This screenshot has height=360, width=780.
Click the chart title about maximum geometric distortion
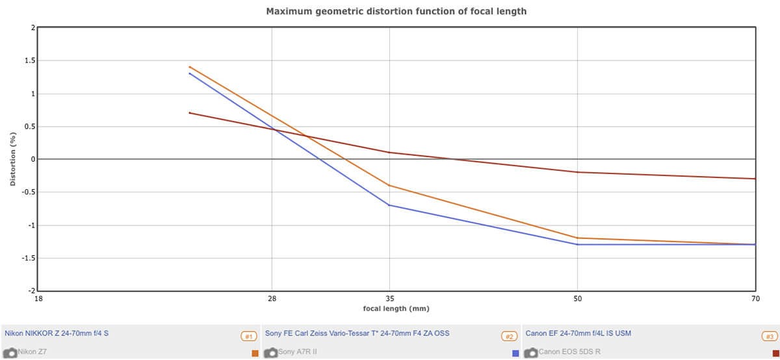click(x=396, y=11)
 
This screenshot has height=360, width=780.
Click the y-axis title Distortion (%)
click(x=12, y=159)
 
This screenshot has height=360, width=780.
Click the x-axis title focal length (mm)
click(x=396, y=308)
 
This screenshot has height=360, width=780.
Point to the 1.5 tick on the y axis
click(x=29, y=60)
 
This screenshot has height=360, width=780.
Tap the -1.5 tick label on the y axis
click(x=28, y=258)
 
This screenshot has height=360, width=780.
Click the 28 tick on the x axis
click(x=272, y=299)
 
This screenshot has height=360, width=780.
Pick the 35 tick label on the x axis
click(x=389, y=299)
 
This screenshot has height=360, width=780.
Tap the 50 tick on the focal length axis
click(x=577, y=299)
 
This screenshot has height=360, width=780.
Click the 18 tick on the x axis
click(x=38, y=299)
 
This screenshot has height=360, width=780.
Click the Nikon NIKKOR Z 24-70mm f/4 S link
click(x=57, y=333)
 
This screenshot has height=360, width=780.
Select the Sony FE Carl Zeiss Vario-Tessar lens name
click(x=357, y=333)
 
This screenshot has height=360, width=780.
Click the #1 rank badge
click(x=248, y=337)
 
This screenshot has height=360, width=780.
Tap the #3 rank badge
click(x=769, y=337)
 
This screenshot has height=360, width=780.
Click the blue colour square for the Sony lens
click(x=515, y=353)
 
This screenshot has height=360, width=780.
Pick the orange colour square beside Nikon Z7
click(x=255, y=353)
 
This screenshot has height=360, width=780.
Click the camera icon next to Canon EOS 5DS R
click(x=530, y=353)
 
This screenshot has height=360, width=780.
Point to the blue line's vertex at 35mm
click(x=389, y=205)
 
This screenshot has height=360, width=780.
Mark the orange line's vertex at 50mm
click(x=577, y=238)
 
